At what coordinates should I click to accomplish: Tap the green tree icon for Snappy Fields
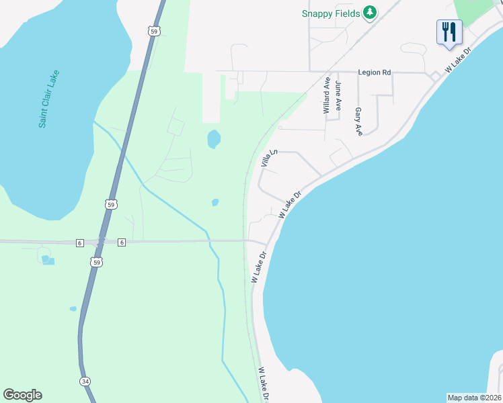369,12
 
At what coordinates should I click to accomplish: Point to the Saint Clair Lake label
49,99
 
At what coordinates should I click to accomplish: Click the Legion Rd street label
375,72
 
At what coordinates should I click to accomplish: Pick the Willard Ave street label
327,96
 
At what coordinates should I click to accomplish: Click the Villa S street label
265,159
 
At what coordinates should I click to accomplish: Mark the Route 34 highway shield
85,382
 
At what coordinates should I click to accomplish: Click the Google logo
22,395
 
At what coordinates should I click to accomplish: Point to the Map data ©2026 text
474,398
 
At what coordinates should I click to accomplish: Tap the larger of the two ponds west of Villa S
214,139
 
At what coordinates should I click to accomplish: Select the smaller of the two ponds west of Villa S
215,202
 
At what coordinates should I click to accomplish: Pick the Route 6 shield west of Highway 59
79,242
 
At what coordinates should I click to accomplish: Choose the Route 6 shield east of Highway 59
122,242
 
